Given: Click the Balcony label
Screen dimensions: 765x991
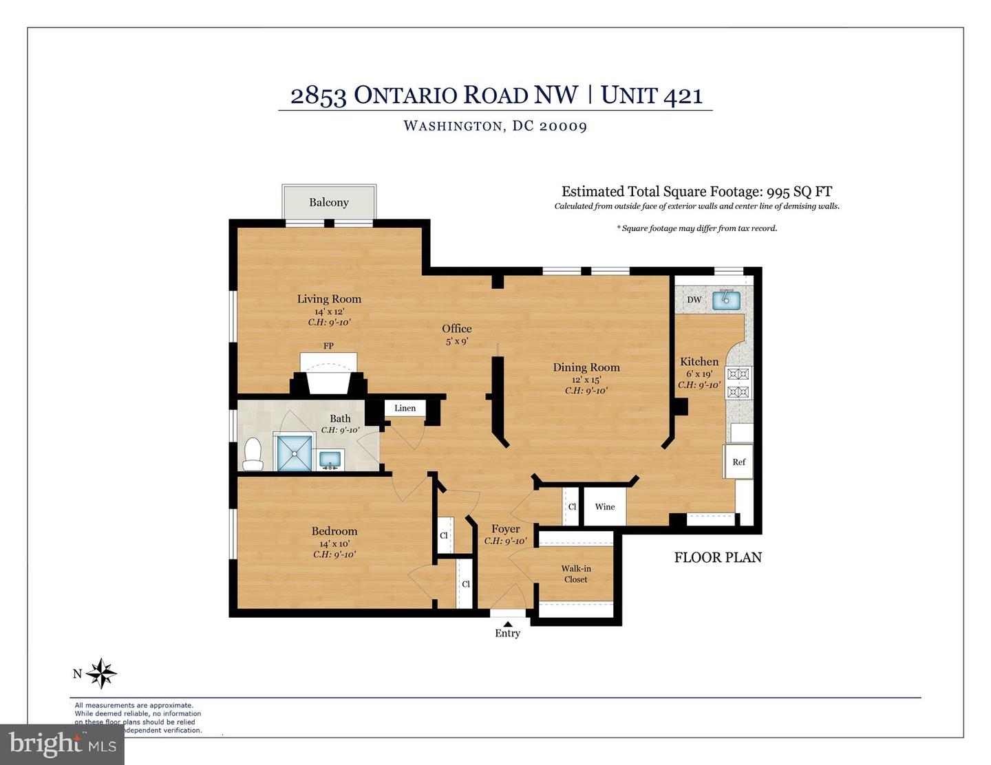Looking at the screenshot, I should [329, 202].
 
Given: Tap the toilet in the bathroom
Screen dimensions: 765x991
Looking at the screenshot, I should [253, 455].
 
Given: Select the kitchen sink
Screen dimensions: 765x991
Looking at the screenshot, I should [725, 300].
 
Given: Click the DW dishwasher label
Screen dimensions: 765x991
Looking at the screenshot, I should [694, 300].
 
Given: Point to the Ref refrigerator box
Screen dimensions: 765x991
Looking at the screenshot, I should [738, 462].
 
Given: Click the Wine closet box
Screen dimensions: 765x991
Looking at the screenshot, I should [605, 507].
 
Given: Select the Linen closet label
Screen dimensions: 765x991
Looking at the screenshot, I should [405, 408].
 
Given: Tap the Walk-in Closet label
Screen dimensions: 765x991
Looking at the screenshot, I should [576, 574].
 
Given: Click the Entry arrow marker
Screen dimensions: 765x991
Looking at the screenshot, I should [507, 624].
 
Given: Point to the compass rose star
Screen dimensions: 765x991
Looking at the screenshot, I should [102, 674].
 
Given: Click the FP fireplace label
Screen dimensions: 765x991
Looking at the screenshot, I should [328, 345].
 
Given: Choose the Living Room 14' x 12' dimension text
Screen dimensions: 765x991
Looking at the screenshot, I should [329, 311].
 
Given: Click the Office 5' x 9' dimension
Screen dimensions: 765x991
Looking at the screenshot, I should [457, 341].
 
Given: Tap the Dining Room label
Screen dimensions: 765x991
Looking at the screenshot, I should [586, 367].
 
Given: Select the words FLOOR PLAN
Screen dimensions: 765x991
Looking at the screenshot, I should [718, 557].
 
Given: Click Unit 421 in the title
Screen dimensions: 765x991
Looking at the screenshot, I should [652, 95].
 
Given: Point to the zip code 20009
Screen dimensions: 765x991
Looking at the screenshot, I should [564, 126].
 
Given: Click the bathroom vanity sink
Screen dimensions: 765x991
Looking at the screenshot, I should [332, 459].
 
